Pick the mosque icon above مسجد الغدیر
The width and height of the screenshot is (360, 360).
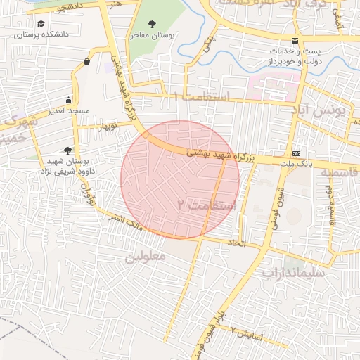(67, 99)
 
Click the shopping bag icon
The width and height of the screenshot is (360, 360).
(86, 61)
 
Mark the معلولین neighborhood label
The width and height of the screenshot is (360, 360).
(145, 257)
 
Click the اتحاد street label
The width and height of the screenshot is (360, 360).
(233, 243)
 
